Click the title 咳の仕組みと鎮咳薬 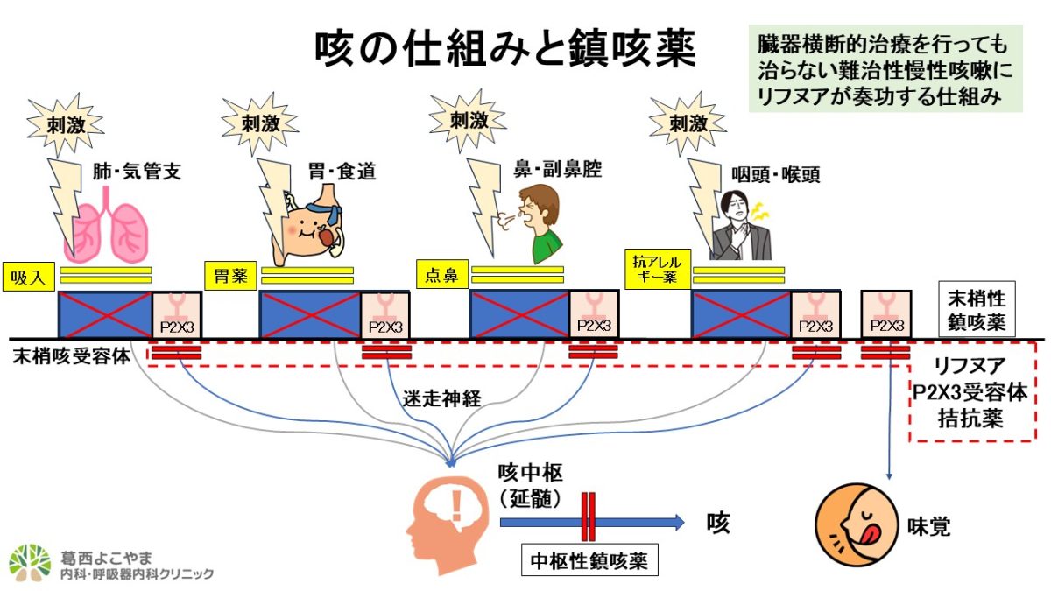[505, 49]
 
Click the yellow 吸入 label [29, 275]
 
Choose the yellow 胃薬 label [230, 275]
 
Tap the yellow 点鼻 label [441, 275]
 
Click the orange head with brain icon [446, 517]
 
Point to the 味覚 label [928, 526]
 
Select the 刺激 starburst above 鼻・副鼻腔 [469, 120]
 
